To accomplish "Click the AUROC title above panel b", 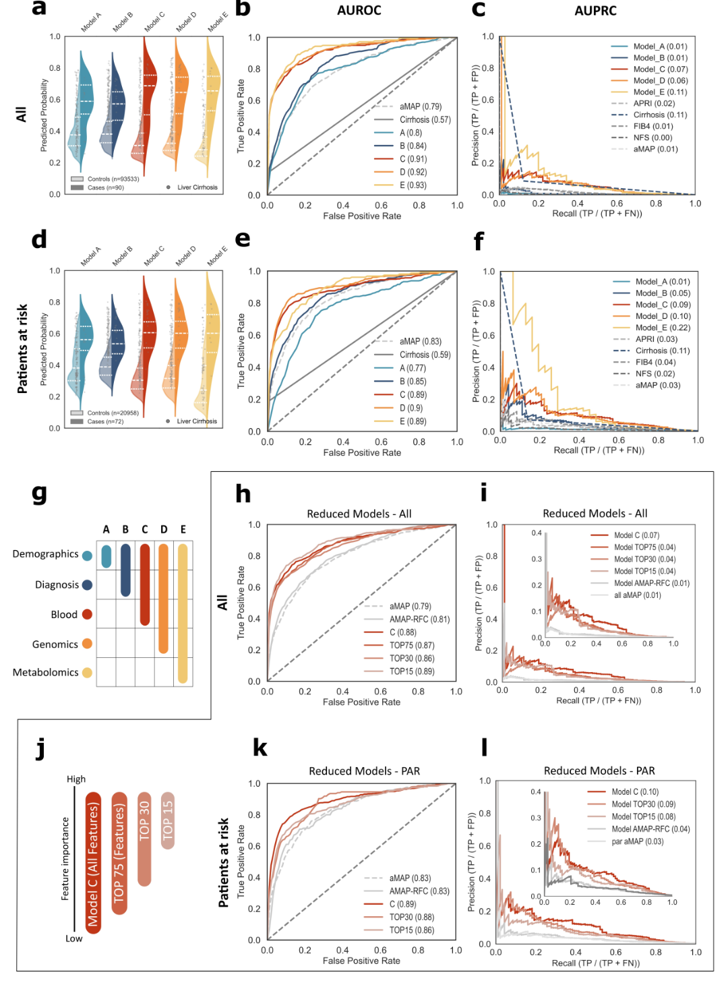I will pos(359,10).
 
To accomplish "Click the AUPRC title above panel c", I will pos(595,11).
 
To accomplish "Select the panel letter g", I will pos(40,493).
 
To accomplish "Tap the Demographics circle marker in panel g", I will pos(87,556).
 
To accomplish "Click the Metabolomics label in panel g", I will pos(45,672).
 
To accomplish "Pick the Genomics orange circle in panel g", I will pos(87,644).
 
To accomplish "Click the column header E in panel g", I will pos(183,530).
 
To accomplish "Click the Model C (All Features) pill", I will pos(93,863).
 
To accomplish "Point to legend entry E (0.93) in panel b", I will pos(413,185).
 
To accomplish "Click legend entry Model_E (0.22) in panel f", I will pos(663,328).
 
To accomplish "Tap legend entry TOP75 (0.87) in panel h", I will pos(411,645).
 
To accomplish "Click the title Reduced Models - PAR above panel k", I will pos(364,771).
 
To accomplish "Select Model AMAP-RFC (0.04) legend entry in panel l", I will pos(650,829).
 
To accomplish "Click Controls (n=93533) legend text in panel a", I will pos(113,179).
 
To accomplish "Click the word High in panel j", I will pos(76,779).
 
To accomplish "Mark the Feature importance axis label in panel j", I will pos(65,858).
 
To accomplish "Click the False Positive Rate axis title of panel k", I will pos(361,961).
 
